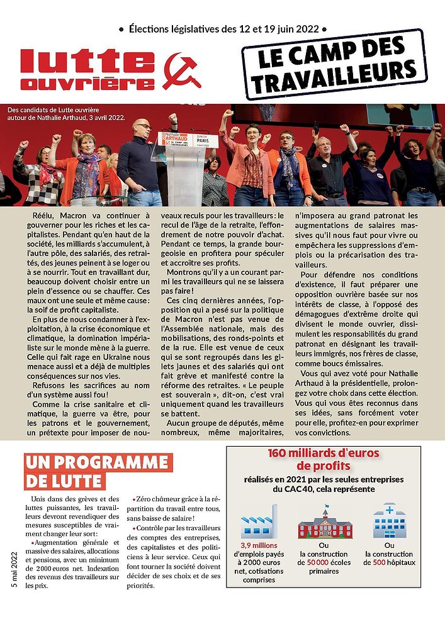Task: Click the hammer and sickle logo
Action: pyautogui.click(x=181, y=70)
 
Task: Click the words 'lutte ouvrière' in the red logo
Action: pyautogui.click(x=87, y=70)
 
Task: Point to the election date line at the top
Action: pyautogui.click(x=222, y=28)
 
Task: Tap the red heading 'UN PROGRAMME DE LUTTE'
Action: pyautogui.click(x=98, y=472)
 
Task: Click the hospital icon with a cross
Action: pyautogui.click(x=390, y=520)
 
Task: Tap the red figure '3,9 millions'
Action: pyautogui.click(x=259, y=545)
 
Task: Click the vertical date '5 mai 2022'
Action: pyautogui.click(x=14, y=570)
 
